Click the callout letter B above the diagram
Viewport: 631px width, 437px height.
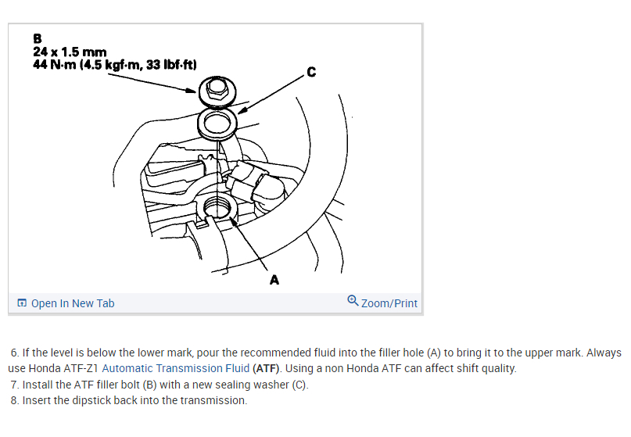38,37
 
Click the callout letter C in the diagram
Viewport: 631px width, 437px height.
311,73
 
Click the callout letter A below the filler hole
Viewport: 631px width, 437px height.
274,278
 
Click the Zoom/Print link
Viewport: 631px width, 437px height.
389,303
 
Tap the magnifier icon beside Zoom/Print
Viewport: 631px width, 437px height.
353,301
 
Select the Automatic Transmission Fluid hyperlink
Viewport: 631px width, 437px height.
176,368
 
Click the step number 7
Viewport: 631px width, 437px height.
15,385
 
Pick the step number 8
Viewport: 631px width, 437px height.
15,400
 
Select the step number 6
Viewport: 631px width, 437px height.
15,353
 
